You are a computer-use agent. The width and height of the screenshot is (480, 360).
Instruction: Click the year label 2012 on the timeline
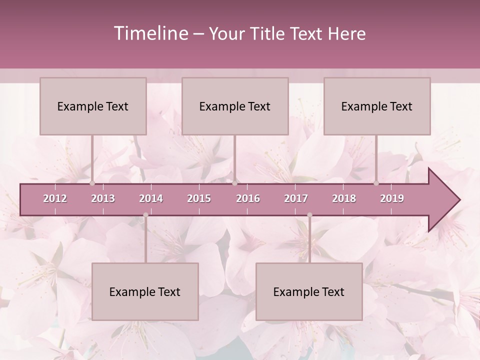(55, 198)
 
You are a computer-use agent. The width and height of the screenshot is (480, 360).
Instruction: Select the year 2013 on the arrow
(103, 198)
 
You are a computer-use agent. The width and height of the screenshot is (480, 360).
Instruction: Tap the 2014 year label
(151, 198)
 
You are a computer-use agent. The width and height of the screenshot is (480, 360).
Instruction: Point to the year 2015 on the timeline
(199, 198)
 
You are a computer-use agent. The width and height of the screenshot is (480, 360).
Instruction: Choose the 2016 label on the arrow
(248, 198)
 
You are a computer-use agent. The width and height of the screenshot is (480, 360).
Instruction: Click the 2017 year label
(296, 198)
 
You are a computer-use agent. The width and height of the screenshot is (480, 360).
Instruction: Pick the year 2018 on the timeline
(344, 198)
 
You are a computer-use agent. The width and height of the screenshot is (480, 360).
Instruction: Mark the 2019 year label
(392, 198)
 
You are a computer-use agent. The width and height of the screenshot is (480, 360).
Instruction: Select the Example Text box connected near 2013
(93, 106)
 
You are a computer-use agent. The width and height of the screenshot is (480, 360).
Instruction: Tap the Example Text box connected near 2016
(235, 106)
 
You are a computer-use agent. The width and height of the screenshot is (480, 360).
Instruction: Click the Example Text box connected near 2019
(377, 106)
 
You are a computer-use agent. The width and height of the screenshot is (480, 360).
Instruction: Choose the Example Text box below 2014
(145, 291)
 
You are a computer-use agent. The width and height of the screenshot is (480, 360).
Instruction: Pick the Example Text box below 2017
(309, 291)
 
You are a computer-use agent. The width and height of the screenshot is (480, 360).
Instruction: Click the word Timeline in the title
(150, 33)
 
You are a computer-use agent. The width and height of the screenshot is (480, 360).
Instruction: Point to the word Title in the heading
(268, 33)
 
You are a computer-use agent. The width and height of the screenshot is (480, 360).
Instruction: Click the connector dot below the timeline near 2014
(145, 215)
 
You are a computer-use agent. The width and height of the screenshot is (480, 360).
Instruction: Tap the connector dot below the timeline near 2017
(309, 215)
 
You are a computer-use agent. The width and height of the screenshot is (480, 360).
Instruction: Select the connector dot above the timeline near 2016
(234, 183)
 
